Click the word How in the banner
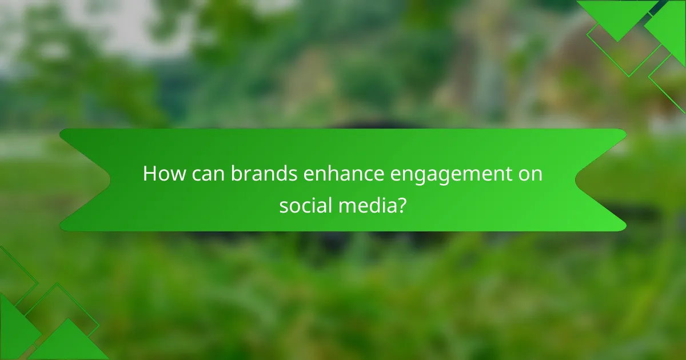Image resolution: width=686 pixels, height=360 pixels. pos(162,174)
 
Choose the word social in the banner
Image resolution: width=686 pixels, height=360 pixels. pos(302,205)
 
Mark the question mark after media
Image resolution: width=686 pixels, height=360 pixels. pos(402,205)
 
